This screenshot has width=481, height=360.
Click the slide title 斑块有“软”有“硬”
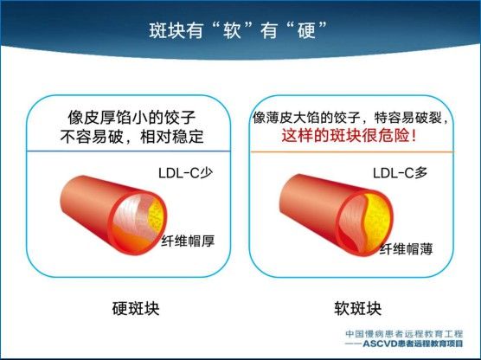point(238,30)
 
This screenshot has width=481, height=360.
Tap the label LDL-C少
point(185,173)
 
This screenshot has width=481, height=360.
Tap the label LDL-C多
point(400,173)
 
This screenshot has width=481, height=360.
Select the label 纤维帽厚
point(188,241)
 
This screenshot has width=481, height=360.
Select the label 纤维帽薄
point(406,249)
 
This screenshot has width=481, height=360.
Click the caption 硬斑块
point(136,308)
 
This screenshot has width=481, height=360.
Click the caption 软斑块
point(357,308)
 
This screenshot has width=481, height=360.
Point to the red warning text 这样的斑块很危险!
point(350,135)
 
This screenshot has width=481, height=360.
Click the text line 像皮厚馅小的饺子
point(131,118)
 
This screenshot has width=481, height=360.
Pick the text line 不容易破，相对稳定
point(131,137)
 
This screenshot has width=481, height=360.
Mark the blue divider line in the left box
point(128,151)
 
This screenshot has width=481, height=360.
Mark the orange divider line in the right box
point(352,151)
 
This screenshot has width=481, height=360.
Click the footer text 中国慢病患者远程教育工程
point(404,334)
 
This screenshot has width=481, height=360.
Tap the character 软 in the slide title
point(232,30)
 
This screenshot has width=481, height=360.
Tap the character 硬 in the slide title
point(306,30)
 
